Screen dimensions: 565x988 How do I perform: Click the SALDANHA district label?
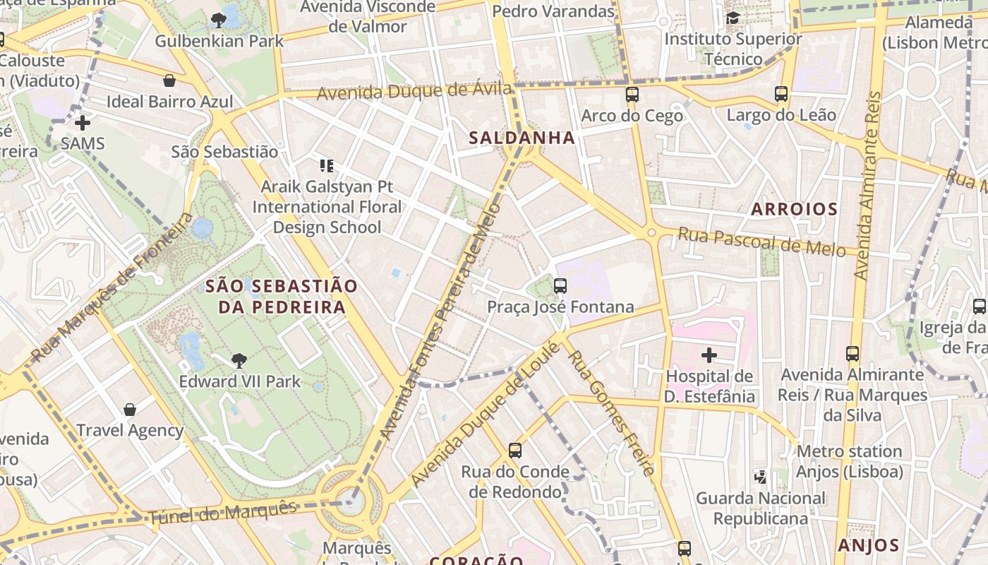point(522,138)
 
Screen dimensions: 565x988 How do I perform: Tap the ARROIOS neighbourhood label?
point(794,209)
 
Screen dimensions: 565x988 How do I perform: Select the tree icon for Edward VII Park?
point(239,361)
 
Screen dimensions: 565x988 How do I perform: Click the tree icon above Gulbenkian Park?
point(219,20)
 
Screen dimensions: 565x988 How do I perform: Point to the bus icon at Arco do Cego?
point(632,95)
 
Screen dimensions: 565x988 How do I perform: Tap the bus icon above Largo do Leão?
point(781,94)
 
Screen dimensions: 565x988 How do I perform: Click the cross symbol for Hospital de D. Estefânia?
point(709,355)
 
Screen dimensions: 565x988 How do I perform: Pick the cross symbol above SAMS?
point(83,123)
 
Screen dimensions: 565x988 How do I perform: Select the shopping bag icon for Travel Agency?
point(130,410)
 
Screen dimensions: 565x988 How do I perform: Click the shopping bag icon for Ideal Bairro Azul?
point(169,81)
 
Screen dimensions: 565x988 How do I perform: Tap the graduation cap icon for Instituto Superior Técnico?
point(733,18)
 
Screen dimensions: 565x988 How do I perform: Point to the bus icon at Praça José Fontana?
point(560,286)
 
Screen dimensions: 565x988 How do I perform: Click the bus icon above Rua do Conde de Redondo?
point(515,451)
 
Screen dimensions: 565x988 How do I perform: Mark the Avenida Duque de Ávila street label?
point(414,91)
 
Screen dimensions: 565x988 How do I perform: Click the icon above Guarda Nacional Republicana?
point(760,477)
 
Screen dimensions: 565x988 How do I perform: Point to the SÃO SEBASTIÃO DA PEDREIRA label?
point(282,297)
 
